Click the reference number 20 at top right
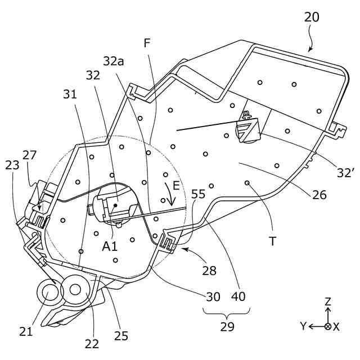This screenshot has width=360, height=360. (x=312, y=17)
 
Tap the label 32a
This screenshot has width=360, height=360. (x=113, y=61)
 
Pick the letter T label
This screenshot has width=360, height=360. (x=272, y=241)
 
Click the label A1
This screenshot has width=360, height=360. (x=110, y=246)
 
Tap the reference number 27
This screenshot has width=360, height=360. (x=29, y=155)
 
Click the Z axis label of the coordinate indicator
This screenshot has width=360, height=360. (x=328, y=301)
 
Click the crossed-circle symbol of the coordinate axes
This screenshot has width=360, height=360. (x=328, y=326)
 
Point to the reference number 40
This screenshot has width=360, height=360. (x=238, y=296)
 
